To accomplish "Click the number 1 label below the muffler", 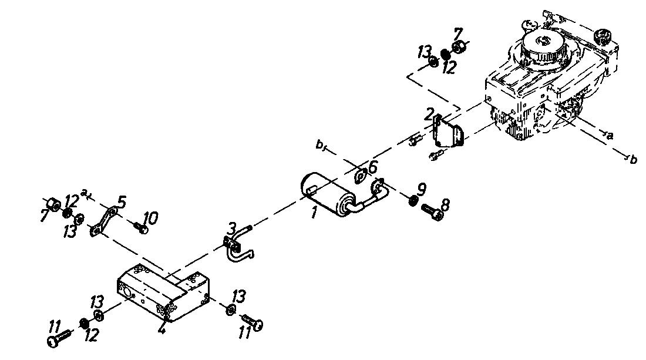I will tap(314, 213).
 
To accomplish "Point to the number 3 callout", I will tap(233, 227).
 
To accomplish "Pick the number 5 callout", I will tap(121, 202).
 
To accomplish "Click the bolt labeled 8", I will tap(433, 211).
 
